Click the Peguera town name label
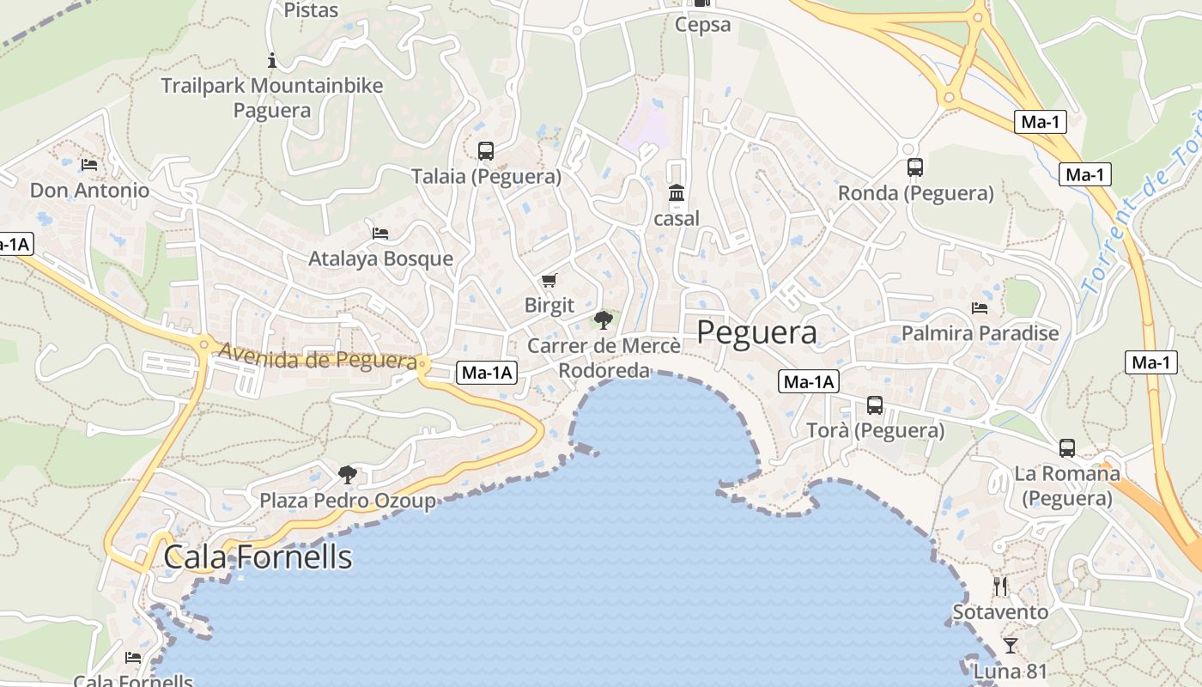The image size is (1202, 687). (x=756, y=332)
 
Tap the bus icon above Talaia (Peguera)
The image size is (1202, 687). (x=486, y=151)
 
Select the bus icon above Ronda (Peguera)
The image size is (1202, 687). (x=915, y=167)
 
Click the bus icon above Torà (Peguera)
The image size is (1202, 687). (x=875, y=405)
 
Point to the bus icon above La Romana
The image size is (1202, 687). (x=1067, y=448)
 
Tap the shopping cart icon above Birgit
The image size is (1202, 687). (x=549, y=281)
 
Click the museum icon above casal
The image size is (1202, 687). (x=677, y=193)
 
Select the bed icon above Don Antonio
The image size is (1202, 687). (x=89, y=165)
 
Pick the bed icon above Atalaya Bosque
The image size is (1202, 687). (x=380, y=234)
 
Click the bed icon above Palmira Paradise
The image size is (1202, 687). (x=980, y=308)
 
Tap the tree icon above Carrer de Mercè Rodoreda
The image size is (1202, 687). (x=604, y=320)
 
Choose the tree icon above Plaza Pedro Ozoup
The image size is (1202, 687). (x=348, y=474)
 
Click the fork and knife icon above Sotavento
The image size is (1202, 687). (x=1000, y=587)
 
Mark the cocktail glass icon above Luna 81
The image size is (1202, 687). (x=1011, y=645)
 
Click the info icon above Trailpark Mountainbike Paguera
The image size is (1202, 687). (x=272, y=60)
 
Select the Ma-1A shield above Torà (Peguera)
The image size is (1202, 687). (x=808, y=382)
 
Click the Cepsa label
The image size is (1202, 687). (x=702, y=25)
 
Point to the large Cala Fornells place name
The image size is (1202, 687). (x=258, y=556)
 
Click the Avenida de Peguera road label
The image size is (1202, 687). (x=317, y=356)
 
